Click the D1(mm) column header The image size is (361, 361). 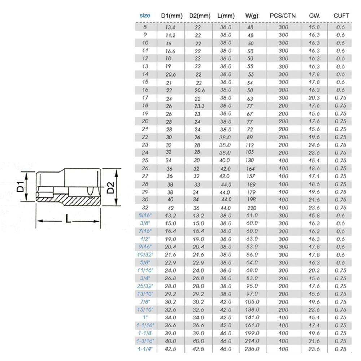(x=171, y=16)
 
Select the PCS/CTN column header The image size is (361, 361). (x=283, y=16)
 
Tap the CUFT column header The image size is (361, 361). (x=341, y=16)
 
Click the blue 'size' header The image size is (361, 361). (x=145, y=16)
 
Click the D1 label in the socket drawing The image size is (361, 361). (x=21, y=187)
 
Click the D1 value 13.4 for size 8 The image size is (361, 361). (x=170, y=27)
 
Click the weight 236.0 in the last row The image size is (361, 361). (x=252, y=349)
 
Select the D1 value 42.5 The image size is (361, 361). (x=170, y=349)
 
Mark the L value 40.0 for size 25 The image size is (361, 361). (x=226, y=161)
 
